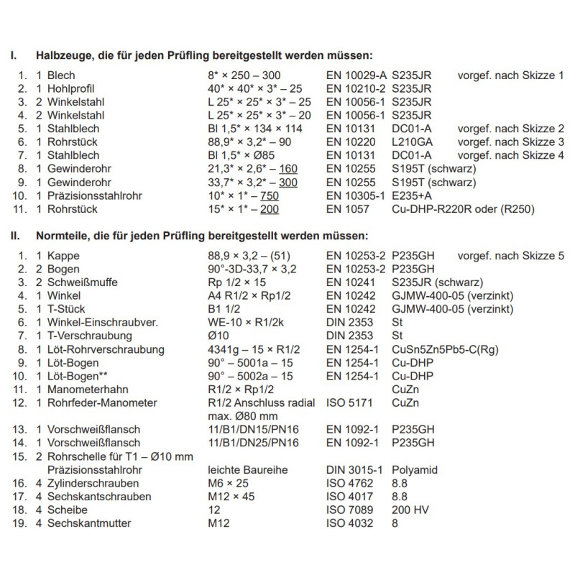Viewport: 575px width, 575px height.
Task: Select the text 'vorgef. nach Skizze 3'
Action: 511,142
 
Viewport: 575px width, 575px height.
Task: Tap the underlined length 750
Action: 268,196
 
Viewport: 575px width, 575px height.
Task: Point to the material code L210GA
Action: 410,142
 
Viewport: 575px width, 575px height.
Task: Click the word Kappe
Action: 63,255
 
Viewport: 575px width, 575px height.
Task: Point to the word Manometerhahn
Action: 83,390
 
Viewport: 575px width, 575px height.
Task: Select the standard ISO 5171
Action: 349,403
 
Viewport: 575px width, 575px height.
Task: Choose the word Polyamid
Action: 414,469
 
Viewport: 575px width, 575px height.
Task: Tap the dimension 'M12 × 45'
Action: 227,497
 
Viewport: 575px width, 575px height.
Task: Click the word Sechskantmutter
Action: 87,523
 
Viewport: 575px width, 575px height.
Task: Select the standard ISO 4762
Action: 349,483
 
